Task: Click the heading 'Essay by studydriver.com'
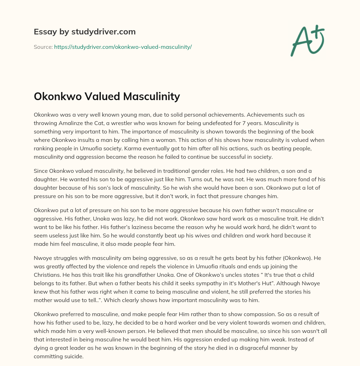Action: pos(84,32)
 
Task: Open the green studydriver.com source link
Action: pos(123,47)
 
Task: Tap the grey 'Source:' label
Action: pos(43,47)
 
